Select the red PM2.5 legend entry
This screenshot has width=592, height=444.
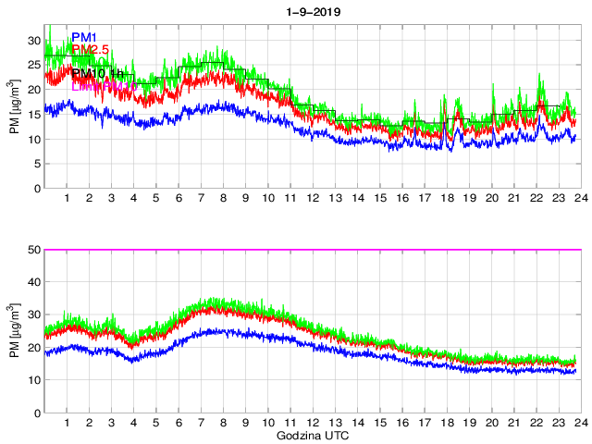tap(96, 49)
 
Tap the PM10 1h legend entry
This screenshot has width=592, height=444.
tap(96, 72)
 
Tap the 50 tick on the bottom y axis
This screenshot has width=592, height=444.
tap(34, 250)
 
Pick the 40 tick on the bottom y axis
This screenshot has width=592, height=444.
tap(34, 282)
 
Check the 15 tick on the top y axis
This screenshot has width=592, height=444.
tap(34, 115)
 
